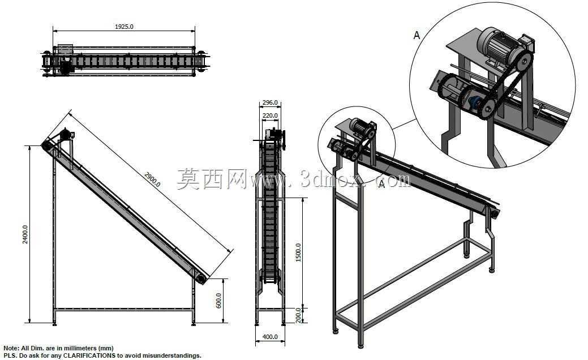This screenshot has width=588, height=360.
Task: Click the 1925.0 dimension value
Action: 124,27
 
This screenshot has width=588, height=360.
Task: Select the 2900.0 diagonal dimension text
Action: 152,179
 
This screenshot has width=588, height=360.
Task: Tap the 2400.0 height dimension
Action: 25,234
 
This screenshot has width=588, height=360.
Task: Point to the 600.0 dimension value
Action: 218,301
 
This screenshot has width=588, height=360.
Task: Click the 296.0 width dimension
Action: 270,102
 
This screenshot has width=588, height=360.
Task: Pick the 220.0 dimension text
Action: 270,115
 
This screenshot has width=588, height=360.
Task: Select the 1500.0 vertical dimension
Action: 298,252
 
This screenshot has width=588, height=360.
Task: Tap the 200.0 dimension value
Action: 298,315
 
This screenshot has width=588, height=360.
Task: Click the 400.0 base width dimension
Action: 270,337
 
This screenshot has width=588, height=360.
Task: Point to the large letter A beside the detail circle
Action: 417,35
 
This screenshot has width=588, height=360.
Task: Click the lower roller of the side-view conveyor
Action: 201,279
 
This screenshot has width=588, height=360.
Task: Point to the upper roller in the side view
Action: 47,145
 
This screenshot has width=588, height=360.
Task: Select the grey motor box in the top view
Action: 65,49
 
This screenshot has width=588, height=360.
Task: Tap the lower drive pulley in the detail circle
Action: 487,109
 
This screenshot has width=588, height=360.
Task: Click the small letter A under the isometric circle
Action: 382,184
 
